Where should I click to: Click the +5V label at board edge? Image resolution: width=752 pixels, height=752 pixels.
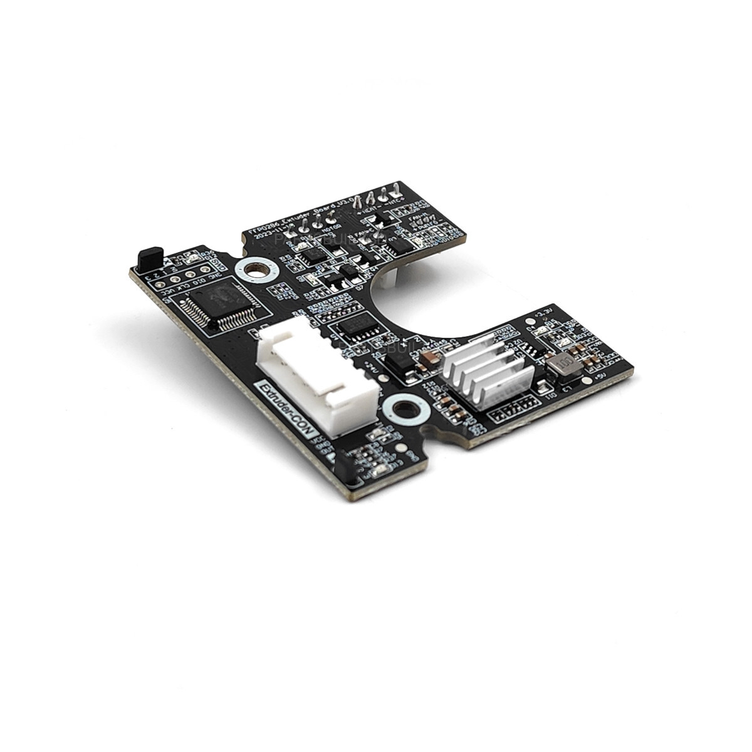[617, 375]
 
